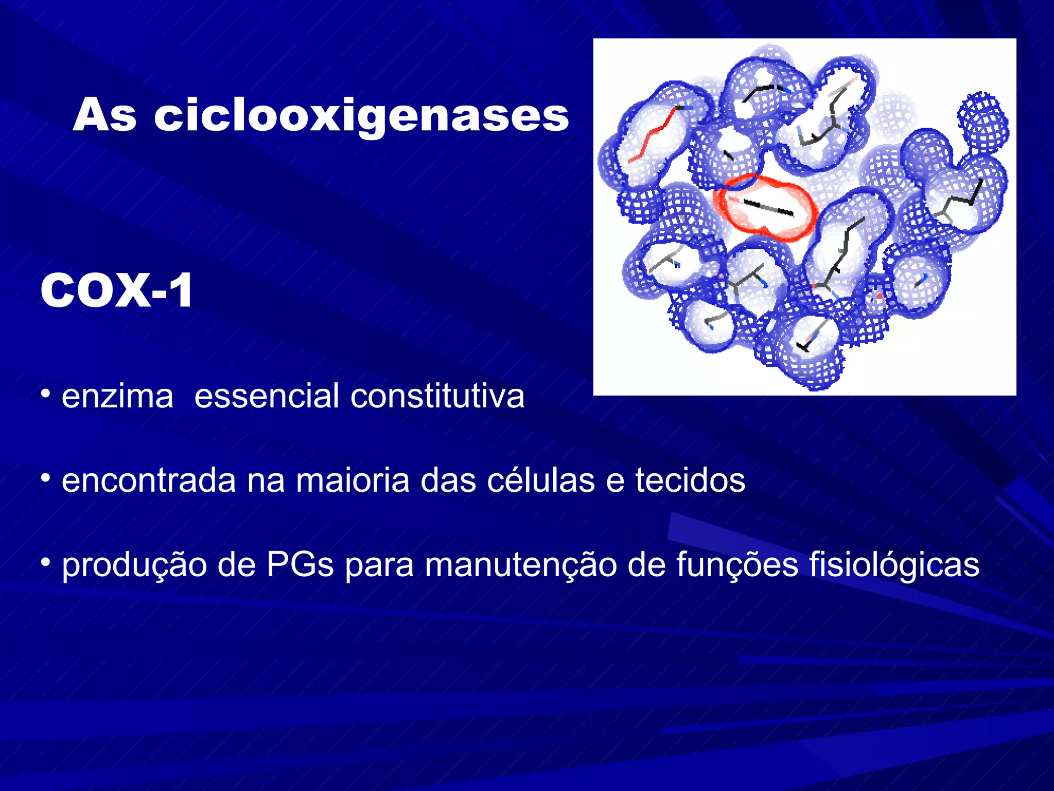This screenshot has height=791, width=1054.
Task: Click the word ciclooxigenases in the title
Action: pyautogui.click(x=361, y=116)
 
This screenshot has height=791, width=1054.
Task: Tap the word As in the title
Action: pyautogui.click(x=104, y=116)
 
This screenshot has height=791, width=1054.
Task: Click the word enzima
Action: pyautogui.click(x=117, y=397)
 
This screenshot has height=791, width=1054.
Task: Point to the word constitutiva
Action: pyautogui.click(x=437, y=397)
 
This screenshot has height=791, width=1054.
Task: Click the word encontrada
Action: pyautogui.click(x=149, y=480)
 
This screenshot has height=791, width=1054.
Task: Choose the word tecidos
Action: pyautogui.click(x=690, y=480)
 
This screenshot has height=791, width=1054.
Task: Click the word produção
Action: pyautogui.click(x=134, y=565)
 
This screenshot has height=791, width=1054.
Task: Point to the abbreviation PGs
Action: pyautogui.click(x=300, y=565)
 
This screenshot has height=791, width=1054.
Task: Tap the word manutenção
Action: pyautogui.click(x=521, y=565)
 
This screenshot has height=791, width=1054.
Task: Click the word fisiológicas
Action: pyautogui.click(x=894, y=565)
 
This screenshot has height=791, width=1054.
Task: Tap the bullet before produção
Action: pyautogui.click(x=46, y=563)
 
